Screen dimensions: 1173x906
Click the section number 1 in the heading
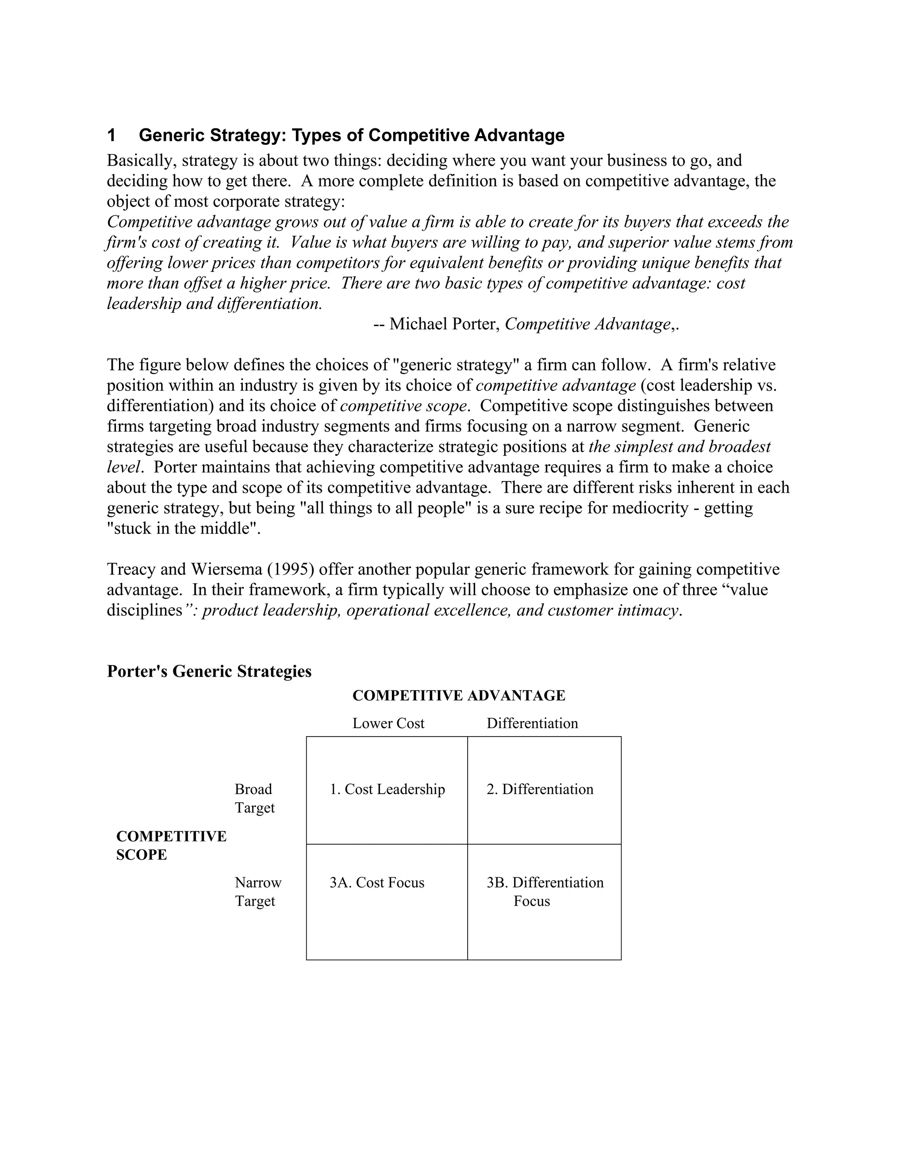[x=111, y=135]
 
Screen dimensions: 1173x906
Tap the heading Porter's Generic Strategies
[x=209, y=671]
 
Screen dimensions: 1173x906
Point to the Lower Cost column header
[x=388, y=723]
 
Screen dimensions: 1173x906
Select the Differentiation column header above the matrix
[x=532, y=723]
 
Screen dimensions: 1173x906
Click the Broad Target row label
[x=254, y=798]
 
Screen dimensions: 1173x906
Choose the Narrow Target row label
[x=257, y=891]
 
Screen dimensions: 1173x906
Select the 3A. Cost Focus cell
[x=377, y=883]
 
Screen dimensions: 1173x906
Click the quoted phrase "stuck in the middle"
[x=183, y=529]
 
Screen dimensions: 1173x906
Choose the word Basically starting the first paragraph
[x=139, y=160]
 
